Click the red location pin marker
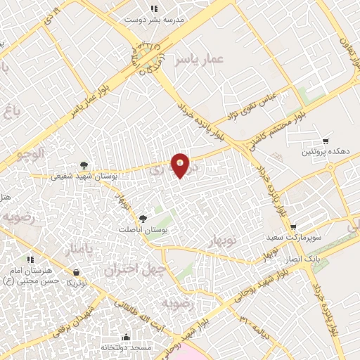point(181,166)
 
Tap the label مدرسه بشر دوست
point(153,20)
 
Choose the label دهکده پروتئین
point(325,151)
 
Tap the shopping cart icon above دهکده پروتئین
point(325,141)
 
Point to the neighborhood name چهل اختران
point(134,269)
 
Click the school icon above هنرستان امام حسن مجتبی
point(30,259)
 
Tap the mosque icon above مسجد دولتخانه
point(126,337)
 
